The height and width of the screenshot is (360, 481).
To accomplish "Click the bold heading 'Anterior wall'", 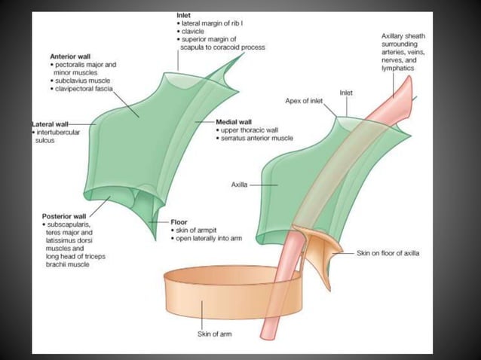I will coord(72,56).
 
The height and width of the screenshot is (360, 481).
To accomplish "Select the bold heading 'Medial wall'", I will coord(234,121).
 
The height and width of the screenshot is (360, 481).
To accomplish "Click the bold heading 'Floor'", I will coord(179,222).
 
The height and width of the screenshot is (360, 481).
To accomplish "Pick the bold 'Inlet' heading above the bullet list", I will coord(183,14).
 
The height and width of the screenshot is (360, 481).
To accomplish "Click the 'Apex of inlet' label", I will coord(305,99).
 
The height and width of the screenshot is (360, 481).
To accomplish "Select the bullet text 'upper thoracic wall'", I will coord(250,130).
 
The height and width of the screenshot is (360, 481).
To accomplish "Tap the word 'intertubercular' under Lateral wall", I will coord(62,133).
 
